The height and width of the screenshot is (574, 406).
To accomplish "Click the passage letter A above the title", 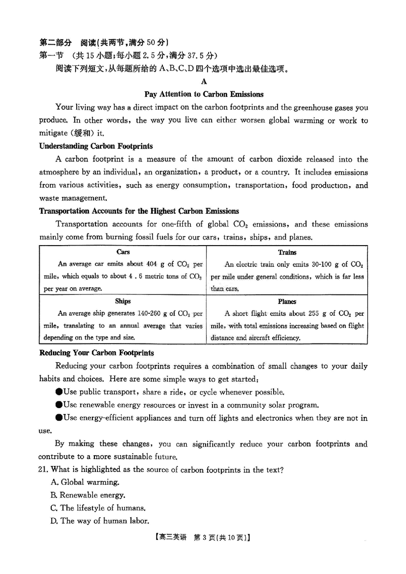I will [x=204, y=81].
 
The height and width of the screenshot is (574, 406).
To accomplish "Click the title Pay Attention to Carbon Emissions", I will [x=204, y=94].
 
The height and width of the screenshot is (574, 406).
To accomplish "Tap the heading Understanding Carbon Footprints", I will [x=96, y=146].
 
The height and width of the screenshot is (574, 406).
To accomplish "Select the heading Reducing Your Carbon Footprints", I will [x=96, y=353].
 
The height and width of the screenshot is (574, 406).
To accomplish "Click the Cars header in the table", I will [x=123, y=252].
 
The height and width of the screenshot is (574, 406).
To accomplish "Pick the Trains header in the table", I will [x=287, y=252].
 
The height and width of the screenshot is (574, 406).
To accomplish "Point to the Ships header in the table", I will [x=123, y=301].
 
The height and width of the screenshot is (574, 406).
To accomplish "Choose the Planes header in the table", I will [x=287, y=301].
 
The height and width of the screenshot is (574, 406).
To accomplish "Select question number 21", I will [x=44, y=469].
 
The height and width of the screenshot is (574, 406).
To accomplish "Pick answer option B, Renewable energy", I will [x=87, y=495].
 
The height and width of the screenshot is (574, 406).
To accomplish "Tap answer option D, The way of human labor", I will [x=99, y=520].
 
